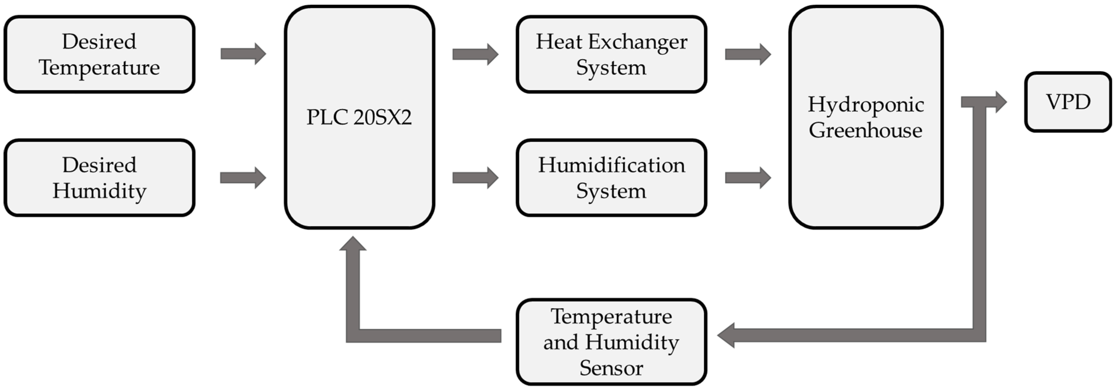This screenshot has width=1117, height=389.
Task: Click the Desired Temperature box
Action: [x=99, y=54]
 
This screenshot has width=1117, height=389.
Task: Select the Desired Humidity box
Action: [x=99, y=177]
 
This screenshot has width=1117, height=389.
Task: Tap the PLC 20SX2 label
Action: [x=359, y=117]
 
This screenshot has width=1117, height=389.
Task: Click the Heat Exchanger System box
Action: [x=611, y=54]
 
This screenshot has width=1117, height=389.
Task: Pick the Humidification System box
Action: [x=611, y=177]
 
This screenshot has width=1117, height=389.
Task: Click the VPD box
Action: [x=1068, y=102]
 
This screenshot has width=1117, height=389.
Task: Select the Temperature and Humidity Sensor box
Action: [x=611, y=342]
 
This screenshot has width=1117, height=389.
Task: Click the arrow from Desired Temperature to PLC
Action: [x=243, y=54]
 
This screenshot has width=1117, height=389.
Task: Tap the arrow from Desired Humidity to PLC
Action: [x=243, y=177]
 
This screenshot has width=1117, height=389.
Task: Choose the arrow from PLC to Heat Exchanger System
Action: [x=475, y=54]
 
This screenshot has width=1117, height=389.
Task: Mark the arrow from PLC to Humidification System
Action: [x=475, y=177]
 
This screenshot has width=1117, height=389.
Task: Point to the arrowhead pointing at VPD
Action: [x=1000, y=102]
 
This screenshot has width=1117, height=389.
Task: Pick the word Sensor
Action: [x=611, y=368]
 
